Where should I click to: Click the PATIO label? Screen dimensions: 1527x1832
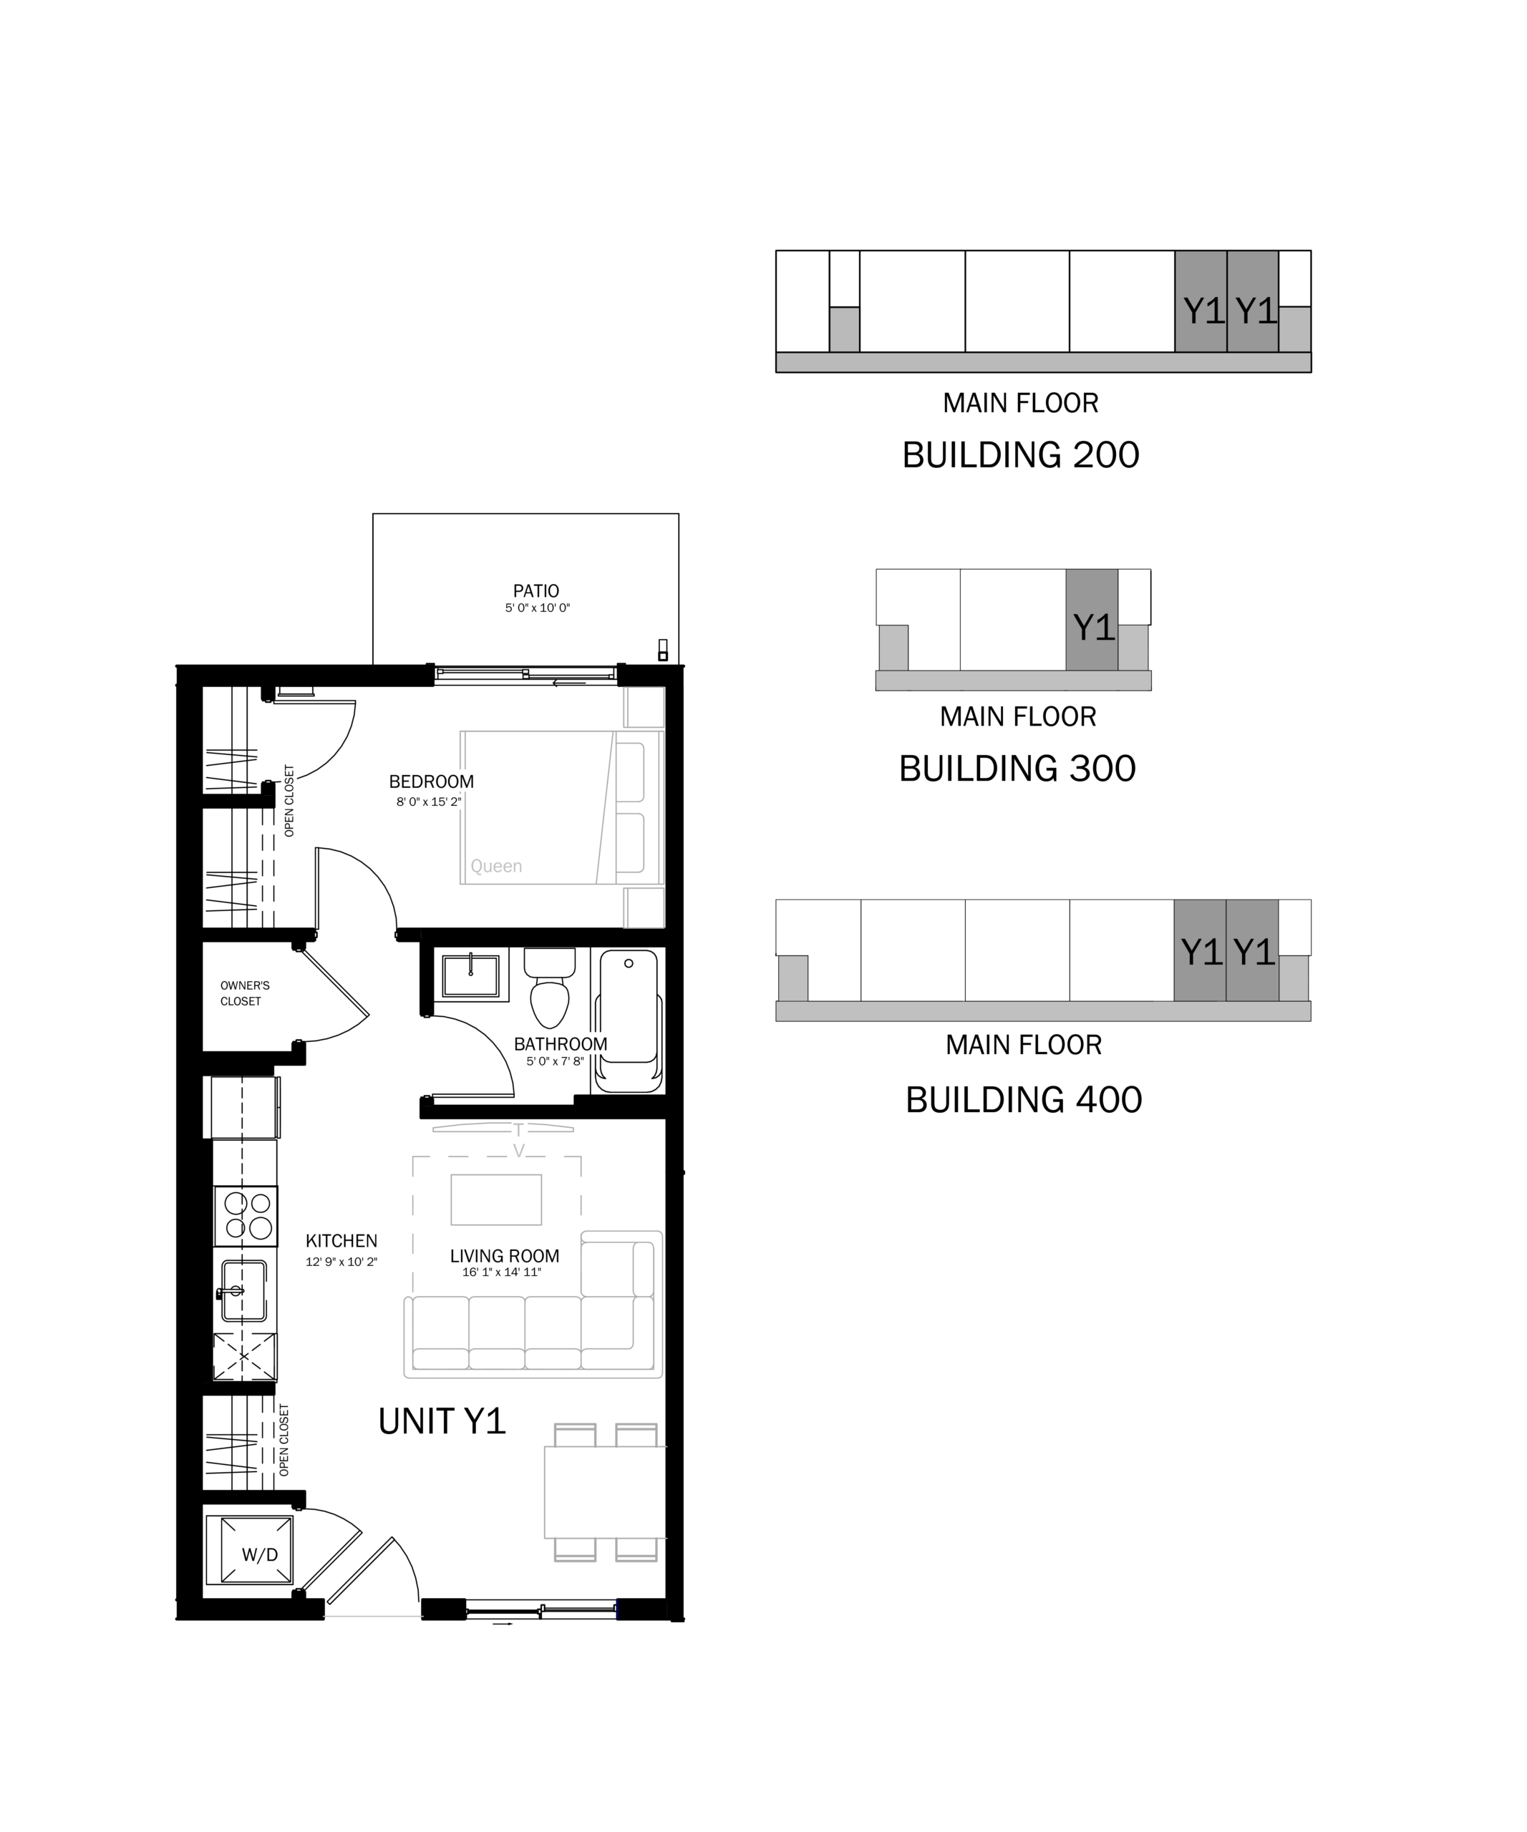[x=535, y=590]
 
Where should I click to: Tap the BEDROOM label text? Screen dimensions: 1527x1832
[x=431, y=781]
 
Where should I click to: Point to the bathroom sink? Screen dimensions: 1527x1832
[x=471, y=975]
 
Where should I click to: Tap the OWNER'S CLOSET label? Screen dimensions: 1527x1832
[x=244, y=993]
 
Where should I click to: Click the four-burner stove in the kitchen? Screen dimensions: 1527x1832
[x=246, y=1216]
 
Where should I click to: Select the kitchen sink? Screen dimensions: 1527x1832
[x=244, y=1290]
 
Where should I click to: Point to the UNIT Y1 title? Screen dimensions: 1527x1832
[x=442, y=1421]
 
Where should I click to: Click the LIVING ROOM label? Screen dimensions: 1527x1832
[x=504, y=1256]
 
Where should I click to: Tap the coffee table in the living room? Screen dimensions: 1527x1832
[x=495, y=1199]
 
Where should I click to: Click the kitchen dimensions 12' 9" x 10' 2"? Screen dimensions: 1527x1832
[x=341, y=1262]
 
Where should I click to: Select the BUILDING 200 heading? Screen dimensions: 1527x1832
[x=1020, y=454]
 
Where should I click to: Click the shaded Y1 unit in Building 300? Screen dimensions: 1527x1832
[x=1092, y=620]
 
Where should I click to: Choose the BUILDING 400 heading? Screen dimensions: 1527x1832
[x=1024, y=1099]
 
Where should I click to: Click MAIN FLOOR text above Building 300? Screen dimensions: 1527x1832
[x=1017, y=716]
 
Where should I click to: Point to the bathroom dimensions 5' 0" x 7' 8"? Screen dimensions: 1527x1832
[x=555, y=1062]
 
